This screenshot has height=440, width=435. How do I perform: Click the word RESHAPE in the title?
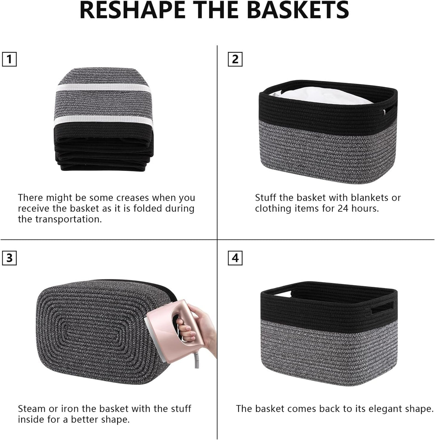132,10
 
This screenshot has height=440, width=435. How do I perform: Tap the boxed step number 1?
9,60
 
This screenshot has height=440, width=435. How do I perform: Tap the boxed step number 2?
235,60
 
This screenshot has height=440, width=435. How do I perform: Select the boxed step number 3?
9,258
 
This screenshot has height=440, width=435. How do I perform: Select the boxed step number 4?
235,258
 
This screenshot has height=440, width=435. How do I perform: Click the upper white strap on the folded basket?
103,88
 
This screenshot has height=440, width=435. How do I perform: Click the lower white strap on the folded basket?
103,119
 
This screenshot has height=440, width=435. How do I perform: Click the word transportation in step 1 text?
68,219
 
